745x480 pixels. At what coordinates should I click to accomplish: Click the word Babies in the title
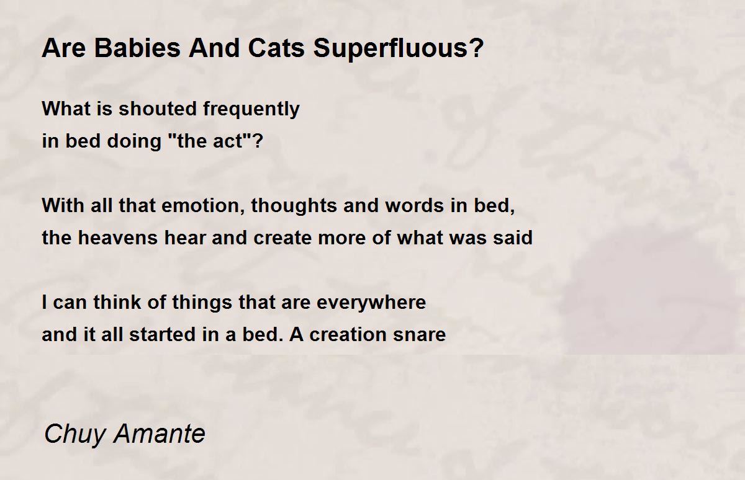coord(137,48)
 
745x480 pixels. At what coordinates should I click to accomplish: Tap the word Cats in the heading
coord(276,48)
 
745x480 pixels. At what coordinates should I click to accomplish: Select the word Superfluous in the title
coord(392,49)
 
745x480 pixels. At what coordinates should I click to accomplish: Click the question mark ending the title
coord(477,48)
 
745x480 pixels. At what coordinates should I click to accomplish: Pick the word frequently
coord(251,110)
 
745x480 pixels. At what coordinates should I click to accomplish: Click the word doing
coord(134,142)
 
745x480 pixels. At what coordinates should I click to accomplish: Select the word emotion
coord(203,206)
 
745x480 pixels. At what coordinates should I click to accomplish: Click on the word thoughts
coord(294,207)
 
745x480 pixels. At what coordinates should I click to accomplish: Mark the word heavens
coord(118,238)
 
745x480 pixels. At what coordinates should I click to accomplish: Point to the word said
coord(513,238)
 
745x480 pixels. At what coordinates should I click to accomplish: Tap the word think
coord(117,302)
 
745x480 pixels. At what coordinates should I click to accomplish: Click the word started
coord(163,334)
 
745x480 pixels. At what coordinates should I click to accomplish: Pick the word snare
coord(419,334)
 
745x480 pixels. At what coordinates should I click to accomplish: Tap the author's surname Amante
coord(160,433)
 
